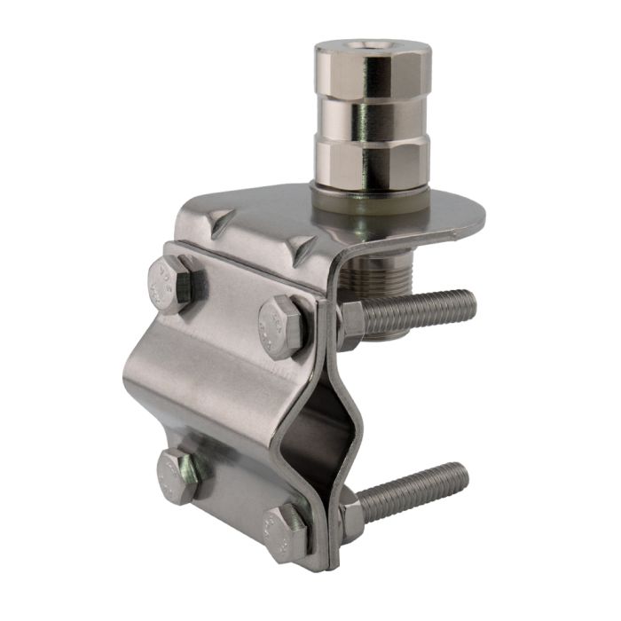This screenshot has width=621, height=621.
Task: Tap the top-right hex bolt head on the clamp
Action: pyautogui.click(x=282, y=326)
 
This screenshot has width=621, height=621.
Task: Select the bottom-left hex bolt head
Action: pyautogui.click(x=178, y=477)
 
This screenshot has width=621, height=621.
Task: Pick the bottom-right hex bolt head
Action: pyautogui.click(x=284, y=533)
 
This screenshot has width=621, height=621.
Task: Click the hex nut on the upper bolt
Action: pyautogui.click(x=350, y=323)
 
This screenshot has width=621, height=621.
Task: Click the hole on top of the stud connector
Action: pyautogui.click(x=373, y=43)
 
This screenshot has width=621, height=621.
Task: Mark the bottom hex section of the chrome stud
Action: pyautogui.click(x=373, y=164)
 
